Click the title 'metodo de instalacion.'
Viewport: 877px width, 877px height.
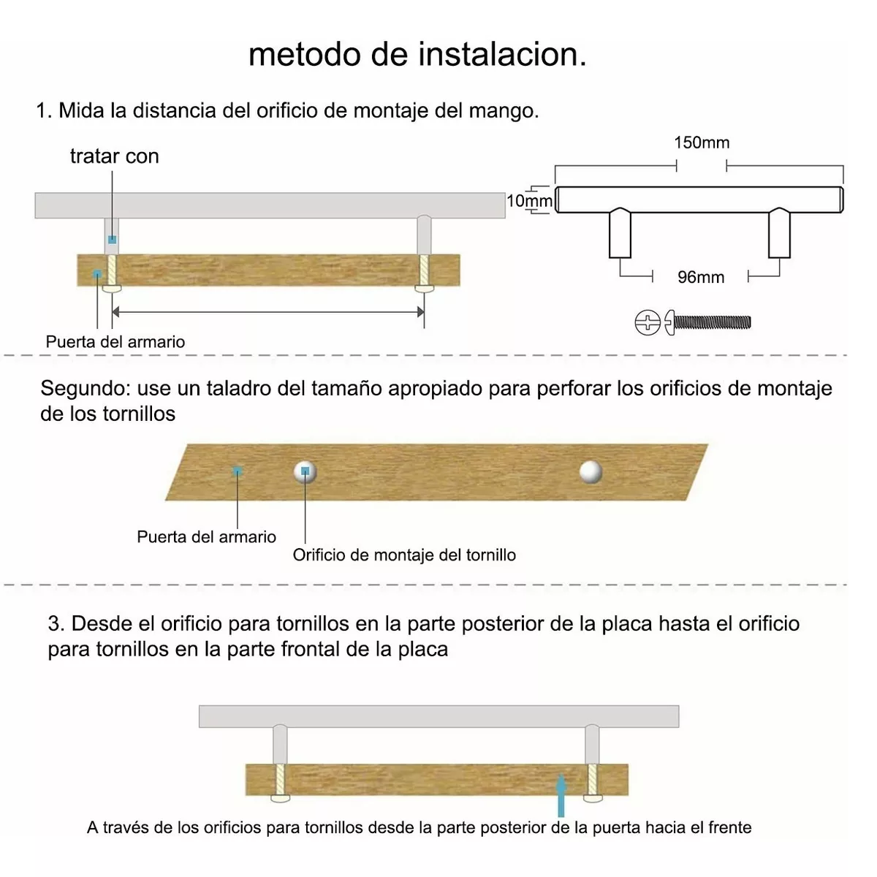pyautogui.click(x=417, y=55)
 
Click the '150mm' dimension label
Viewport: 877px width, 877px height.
pyautogui.click(x=702, y=143)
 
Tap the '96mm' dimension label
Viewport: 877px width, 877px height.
pyautogui.click(x=700, y=278)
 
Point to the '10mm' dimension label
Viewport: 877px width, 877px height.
pyautogui.click(x=529, y=201)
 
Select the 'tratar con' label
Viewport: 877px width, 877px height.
pyautogui.click(x=115, y=156)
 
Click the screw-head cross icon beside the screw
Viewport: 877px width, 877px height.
pyautogui.click(x=648, y=322)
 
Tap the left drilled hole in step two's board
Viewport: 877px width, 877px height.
pyautogui.click(x=305, y=472)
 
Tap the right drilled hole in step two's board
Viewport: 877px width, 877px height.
pyautogui.click(x=591, y=471)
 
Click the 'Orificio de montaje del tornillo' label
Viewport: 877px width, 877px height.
pyautogui.click(x=404, y=555)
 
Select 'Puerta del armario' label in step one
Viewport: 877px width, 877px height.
pyautogui.click(x=115, y=342)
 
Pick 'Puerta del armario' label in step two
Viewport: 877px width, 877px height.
pyautogui.click(x=206, y=537)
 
